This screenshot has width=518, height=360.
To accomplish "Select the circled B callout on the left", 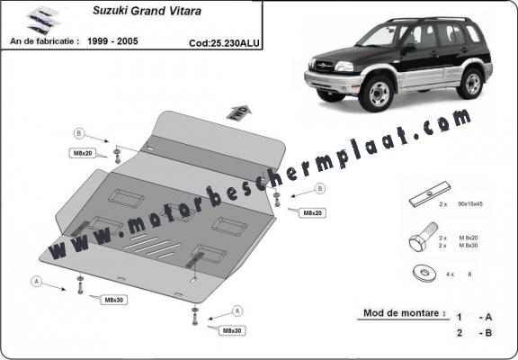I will pos(79,133).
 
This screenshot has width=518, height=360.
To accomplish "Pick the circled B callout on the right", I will pos(320,189).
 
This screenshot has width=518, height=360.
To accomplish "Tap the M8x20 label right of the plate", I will pos(313,213).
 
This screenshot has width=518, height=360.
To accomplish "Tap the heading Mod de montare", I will pos(404,314).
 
